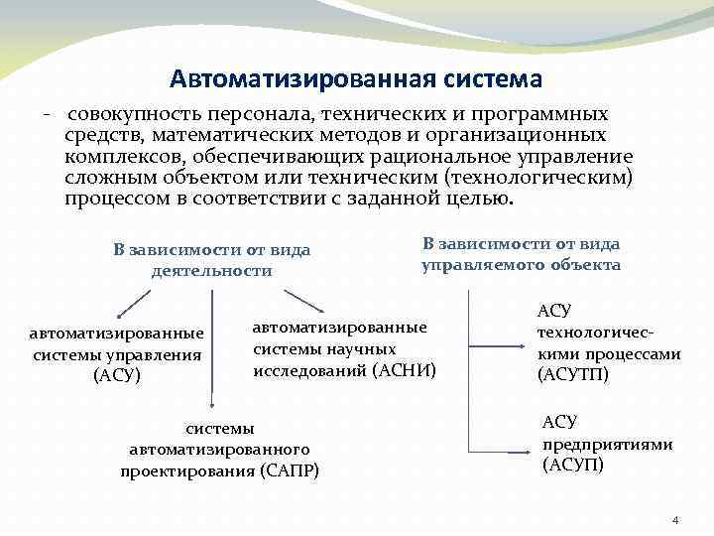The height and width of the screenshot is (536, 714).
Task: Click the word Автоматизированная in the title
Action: (x=282, y=77)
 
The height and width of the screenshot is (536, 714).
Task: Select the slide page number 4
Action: (x=675, y=520)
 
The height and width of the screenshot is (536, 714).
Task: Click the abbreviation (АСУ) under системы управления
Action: (x=117, y=374)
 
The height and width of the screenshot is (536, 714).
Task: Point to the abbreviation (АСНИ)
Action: (x=405, y=369)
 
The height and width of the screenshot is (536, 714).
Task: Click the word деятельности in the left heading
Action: (x=211, y=270)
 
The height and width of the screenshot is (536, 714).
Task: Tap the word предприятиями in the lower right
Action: (x=607, y=444)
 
